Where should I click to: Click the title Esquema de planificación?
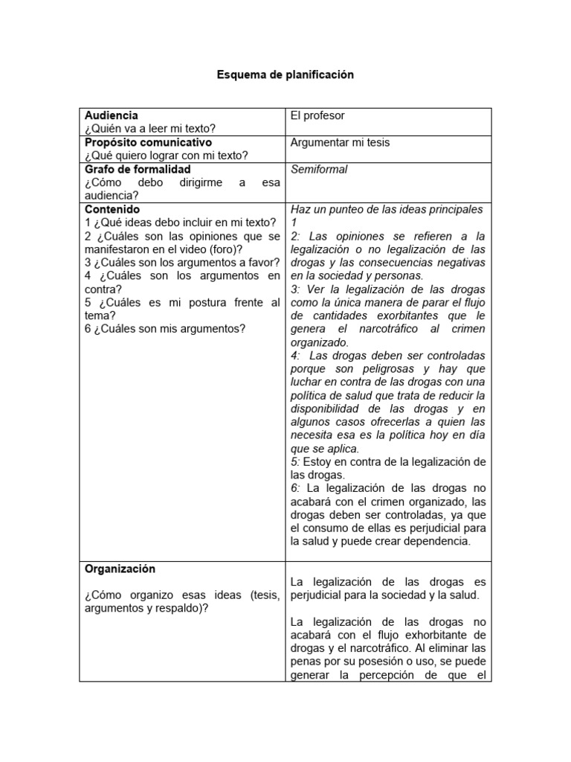(x=285, y=75)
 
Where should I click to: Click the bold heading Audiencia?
(x=111, y=115)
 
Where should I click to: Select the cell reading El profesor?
(x=317, y=115)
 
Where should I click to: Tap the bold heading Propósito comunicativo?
(x=148, y=142)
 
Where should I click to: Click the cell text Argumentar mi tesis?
(x=340, y=142)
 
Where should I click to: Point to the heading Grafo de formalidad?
(x=138, y=169)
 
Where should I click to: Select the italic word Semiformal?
(x=319, y=169)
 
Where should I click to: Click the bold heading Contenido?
(x=112, y=209)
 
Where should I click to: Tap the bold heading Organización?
(x=120, y=569)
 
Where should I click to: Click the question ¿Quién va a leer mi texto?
(x=149, y=129)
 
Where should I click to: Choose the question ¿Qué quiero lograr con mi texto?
(x=166, y=156)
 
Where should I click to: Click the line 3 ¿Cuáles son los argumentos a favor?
(x=182, y=263)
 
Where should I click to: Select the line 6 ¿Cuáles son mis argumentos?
(x=164, y=330)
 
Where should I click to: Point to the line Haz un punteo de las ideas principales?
(x=387, y=209)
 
